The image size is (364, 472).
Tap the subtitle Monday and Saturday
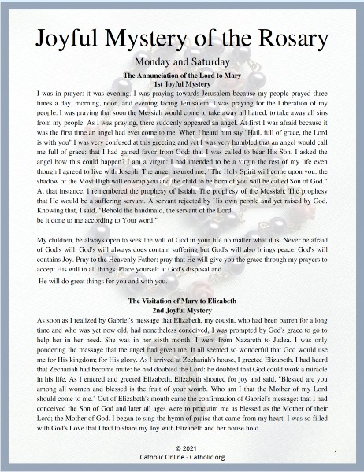coord(181,61)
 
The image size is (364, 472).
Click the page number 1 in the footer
coord(336,454)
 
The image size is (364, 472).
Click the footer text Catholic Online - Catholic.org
coord(182,457)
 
